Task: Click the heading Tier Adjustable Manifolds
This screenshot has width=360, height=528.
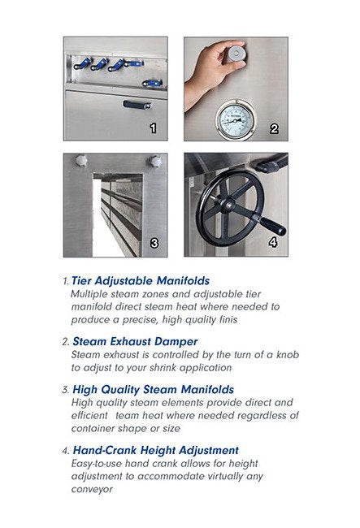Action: (141, 280)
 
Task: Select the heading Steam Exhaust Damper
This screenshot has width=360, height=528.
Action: (135, 341)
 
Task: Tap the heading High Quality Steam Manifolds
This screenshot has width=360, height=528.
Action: (154, 390)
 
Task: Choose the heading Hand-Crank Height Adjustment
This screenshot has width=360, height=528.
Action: (155, 450)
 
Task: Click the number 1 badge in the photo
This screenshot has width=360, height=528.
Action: (154, 128)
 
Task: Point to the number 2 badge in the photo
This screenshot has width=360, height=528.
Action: (274, 128)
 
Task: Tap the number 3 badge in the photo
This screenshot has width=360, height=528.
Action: (154, 243)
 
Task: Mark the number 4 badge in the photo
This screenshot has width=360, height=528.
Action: (273, 242)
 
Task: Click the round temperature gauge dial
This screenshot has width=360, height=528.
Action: (235, 120)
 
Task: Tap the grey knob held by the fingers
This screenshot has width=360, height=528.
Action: (236, 53)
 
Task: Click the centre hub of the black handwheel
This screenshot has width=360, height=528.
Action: (228, 205)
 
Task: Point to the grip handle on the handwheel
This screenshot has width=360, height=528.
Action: (273, 227)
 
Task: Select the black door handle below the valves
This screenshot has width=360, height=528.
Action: (137, 105)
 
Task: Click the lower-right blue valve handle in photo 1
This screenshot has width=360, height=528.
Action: (152, 83)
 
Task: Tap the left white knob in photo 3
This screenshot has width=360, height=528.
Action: (81, 160)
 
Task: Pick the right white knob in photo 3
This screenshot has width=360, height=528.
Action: (155, 162)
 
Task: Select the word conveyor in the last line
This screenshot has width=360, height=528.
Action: (92, 489)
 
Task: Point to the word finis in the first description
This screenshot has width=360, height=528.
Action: (228, 319)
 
